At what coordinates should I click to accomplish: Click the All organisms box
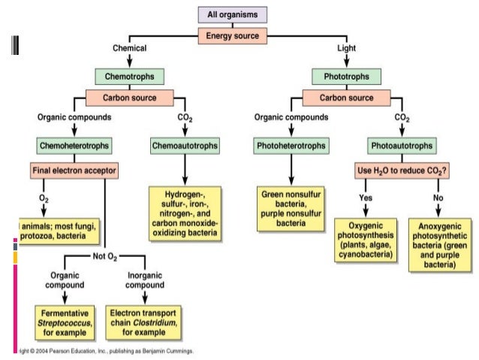click(233, 14)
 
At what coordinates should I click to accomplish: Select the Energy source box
click(233, 35)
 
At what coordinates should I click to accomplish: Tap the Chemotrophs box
click(130, 76)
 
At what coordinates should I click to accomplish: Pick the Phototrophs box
click(347, 76)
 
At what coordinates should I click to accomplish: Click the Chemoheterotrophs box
click(74, 144)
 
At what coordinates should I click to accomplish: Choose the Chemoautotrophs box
click(185, 144)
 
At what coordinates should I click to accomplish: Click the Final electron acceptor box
click(74, 171)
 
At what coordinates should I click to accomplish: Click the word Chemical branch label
click(129, 48)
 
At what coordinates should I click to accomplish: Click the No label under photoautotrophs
click(438, 198)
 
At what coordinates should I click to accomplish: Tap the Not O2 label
click(104, 256)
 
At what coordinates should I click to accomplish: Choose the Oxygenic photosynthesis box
click(366, 240)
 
